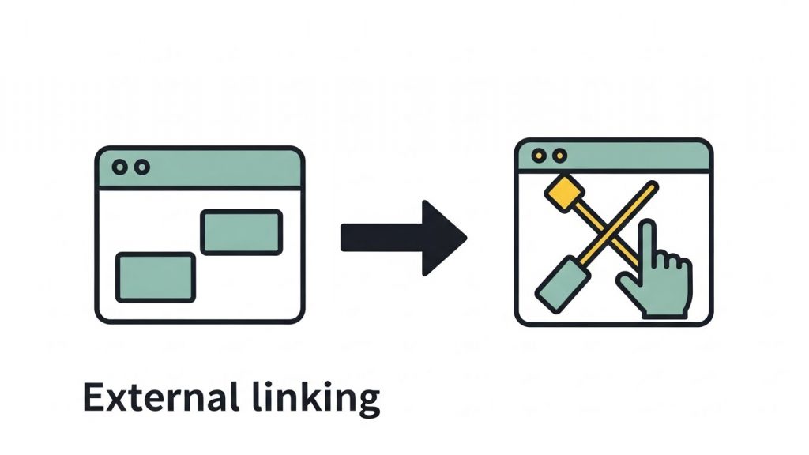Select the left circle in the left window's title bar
(119, 167)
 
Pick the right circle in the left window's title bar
(141, 167)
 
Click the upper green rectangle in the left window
(241, 231)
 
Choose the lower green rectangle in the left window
(155, 276)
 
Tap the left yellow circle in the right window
(539, 156)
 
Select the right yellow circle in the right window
(559, 156)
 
